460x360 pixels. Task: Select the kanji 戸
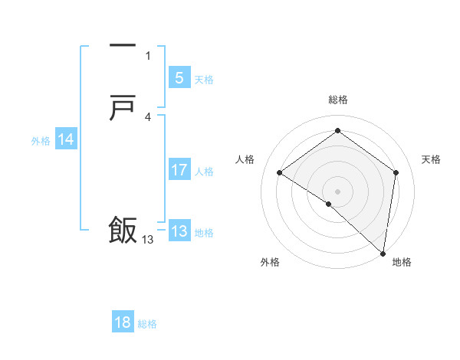(123, 109)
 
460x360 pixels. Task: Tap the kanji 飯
(123, 231)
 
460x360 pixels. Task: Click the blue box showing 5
(179, 78)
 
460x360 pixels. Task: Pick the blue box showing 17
(179, 170)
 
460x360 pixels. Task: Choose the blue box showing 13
(179, 231)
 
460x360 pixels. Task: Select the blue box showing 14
(66, 139)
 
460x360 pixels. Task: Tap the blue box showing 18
(123, 322)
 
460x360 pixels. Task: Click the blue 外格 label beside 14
(41, 141)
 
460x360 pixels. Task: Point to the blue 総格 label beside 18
(147, 324)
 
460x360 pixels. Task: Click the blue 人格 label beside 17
(204, 172)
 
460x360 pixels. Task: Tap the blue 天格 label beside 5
(204, 80)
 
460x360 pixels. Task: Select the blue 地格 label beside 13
(204, 233)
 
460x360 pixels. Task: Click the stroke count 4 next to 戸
(148, 116)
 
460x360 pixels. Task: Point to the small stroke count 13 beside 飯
(147, 240)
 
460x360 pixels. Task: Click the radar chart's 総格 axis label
(338, 100)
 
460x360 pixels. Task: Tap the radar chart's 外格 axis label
(270, 262)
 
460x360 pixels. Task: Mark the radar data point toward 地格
(383, 253)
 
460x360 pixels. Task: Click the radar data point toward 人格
(280, 172)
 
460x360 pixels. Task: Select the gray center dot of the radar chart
(338, 191)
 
